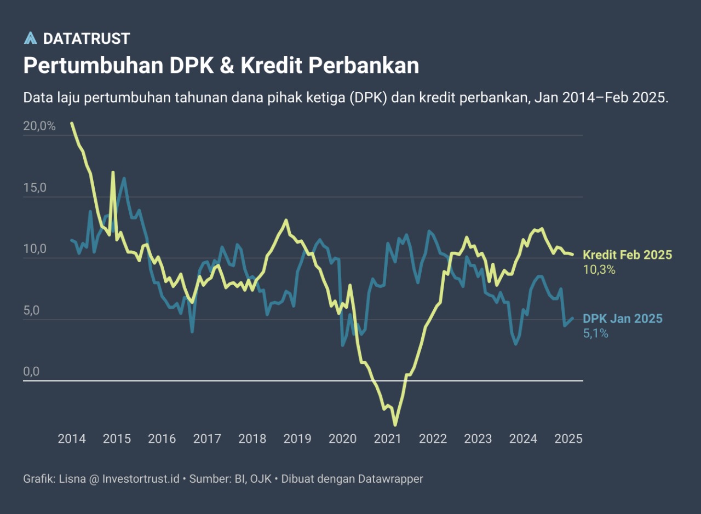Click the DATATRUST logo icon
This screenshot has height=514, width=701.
pos(31,38)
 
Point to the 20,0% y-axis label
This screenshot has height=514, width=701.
pos(39,126)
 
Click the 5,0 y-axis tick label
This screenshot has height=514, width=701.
pos(32,311)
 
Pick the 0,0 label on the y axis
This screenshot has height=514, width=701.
pos(32,372)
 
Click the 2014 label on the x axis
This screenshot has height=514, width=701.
pos(72,438)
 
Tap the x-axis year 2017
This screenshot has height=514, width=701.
pos(207,438)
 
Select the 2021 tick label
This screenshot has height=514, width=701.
pos(388,438)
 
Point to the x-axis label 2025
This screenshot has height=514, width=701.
pos(568,438)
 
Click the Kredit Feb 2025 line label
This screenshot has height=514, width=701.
pos(627,255)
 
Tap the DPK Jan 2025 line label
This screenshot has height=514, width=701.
pos(622,319)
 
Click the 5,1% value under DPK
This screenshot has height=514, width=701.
pos(595,333)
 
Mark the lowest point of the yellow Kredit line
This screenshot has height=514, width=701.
pos(395,425)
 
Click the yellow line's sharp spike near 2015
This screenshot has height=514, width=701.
pos(113,172)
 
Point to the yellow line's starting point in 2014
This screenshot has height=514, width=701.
pos(72,123)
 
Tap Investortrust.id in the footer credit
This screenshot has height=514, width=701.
pos(141,479)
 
